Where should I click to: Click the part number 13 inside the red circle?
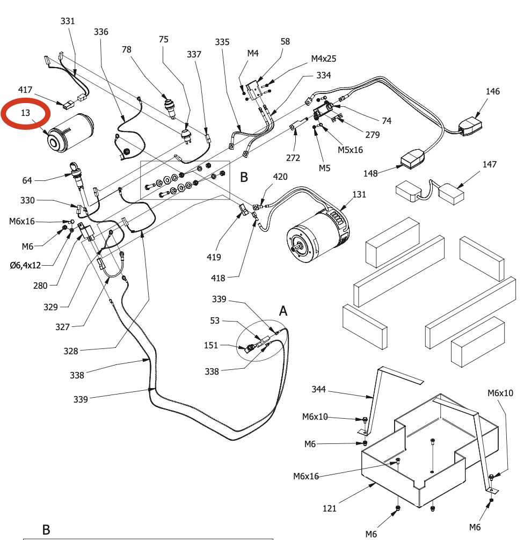pyautogui.click(x=26, y=113)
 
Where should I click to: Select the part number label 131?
pyautogui.click(x=358, y=194)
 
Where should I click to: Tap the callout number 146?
pyautogui.click(x=492, y=91)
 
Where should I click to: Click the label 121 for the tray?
pyautogui.click(x=330, y=508)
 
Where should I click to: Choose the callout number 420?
pyautogui.click(x=280, y=177)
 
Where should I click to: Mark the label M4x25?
pyautogui.click(x=324, y=59)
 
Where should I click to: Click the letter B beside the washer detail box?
pyautogui.click(x=244, y=177)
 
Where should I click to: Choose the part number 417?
pyautogui.click(x=25, y=90)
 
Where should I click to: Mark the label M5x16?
pyautogui.click(x=351, y=150)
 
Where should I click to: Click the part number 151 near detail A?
pyautogui.click(x=211, y=345)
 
